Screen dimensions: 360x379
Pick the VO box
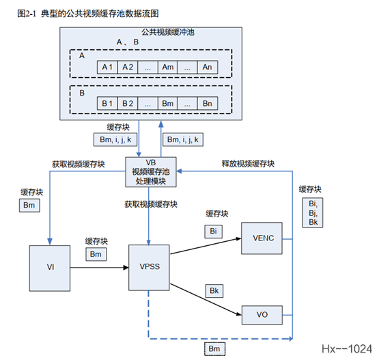coord(262,315)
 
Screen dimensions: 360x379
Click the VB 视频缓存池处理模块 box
coord(151,171)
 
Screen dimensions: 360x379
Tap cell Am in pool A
coord(168,67)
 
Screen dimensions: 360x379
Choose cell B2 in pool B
coord(127,102)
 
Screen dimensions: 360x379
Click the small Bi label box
coord(213,231)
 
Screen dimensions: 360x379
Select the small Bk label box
coord(214,291)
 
